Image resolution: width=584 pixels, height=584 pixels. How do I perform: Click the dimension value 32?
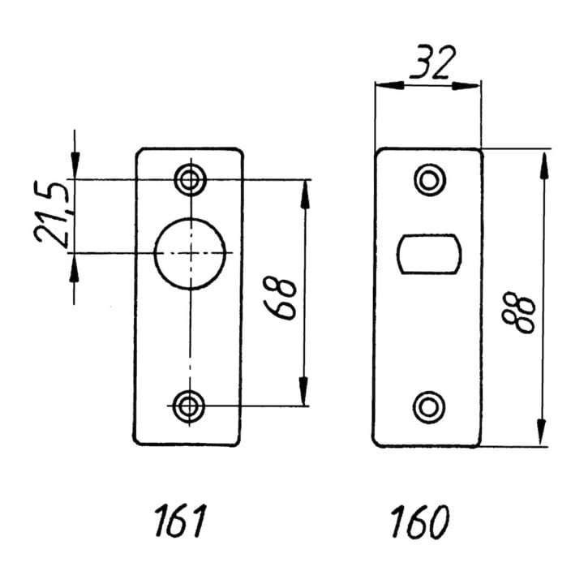432,62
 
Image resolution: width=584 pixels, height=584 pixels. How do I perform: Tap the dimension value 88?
519,312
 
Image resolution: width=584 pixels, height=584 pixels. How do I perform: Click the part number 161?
180,521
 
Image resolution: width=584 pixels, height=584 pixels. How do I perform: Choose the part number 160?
420,522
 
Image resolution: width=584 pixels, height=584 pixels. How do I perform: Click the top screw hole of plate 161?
191,180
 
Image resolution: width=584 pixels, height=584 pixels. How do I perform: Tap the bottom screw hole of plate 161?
190,406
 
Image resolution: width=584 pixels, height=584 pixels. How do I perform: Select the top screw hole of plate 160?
430,180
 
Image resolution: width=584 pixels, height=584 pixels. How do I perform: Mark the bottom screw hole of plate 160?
429,407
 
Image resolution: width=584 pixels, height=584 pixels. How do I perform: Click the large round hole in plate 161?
190,254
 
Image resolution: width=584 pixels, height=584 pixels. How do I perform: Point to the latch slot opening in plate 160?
429,254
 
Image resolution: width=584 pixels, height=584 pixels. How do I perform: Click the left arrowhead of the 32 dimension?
390,86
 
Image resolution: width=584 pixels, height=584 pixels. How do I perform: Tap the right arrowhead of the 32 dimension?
466,87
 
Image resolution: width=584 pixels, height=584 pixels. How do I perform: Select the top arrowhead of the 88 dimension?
544,166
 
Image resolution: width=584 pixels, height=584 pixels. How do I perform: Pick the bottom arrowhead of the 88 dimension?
541,432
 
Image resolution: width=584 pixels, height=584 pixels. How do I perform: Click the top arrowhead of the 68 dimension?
306,195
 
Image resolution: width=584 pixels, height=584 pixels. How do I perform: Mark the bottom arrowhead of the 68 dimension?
303,391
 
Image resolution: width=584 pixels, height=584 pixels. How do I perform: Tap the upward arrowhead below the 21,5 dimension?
75,268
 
